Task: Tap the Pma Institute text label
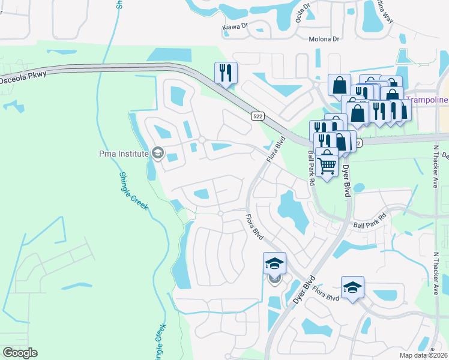123,154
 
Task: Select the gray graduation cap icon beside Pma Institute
157,154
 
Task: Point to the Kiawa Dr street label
235,26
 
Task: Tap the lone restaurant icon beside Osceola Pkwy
226,73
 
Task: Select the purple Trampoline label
426,99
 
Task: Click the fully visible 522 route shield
257,114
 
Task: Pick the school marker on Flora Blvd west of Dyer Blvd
274,264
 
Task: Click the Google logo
20,353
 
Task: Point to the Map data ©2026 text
423,355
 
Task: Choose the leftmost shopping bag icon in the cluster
339,85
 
